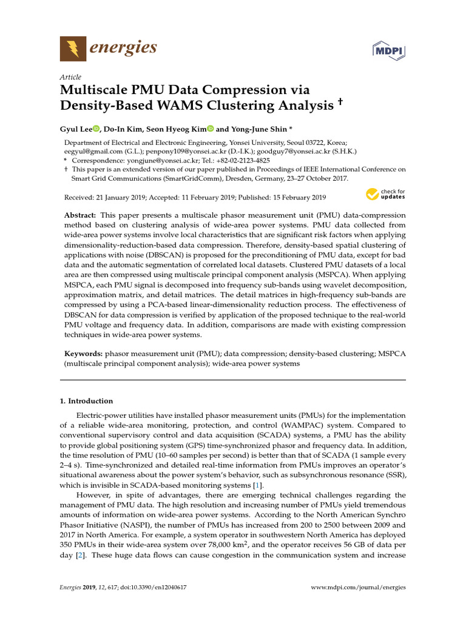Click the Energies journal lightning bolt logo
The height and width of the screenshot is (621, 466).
coord(73,49)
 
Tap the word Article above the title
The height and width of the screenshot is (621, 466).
coord(70,77)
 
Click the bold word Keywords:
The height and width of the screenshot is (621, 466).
coord(83,353)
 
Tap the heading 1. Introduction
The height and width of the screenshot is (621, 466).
coord(86,401)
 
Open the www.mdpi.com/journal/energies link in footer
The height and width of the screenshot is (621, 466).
coord(358,588)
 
